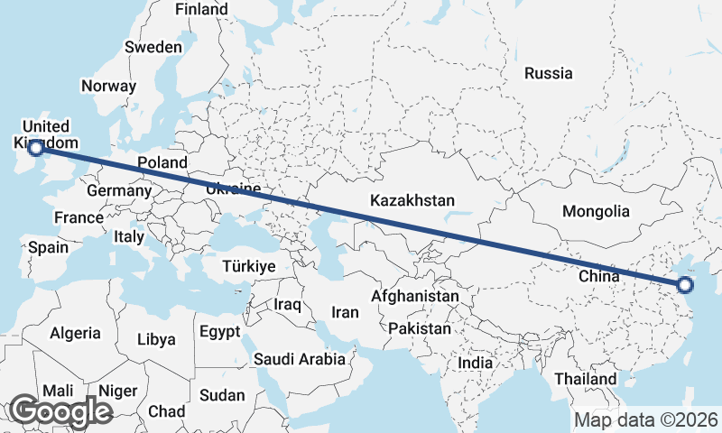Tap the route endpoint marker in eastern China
coord(684,286)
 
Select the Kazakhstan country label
coord(412,200)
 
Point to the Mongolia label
coord(595,212)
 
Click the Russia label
coord(548,73)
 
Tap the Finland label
coord(201,9)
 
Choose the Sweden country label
coord(153,47)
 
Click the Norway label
coord(108,87)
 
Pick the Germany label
coord(119,191)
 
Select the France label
coord(79,218)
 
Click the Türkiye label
coord(249,267)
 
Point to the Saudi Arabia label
coord(299,359)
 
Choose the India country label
coord(476,363)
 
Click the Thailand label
coord(586,379)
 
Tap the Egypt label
coord(218,330)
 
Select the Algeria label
coord(75,333)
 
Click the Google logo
coord(60,411)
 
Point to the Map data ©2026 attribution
coord(646,419)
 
